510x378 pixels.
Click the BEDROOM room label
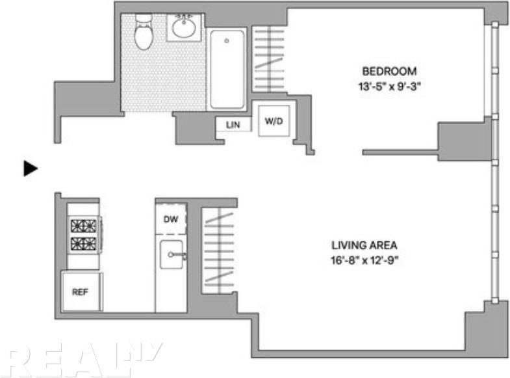point(389,72)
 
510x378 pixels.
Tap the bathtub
point(227,68)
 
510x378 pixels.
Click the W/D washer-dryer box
point(274,121)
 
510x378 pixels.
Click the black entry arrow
point(31,169)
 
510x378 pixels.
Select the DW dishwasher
point(171,218)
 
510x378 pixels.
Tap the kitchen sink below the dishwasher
point(172,254)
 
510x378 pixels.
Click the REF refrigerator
point(80,291)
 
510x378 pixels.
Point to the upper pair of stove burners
point(83,226)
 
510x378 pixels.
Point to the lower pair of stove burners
point(83,244)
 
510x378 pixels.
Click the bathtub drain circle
point(227,41)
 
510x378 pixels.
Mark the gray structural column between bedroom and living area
point(463,139)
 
